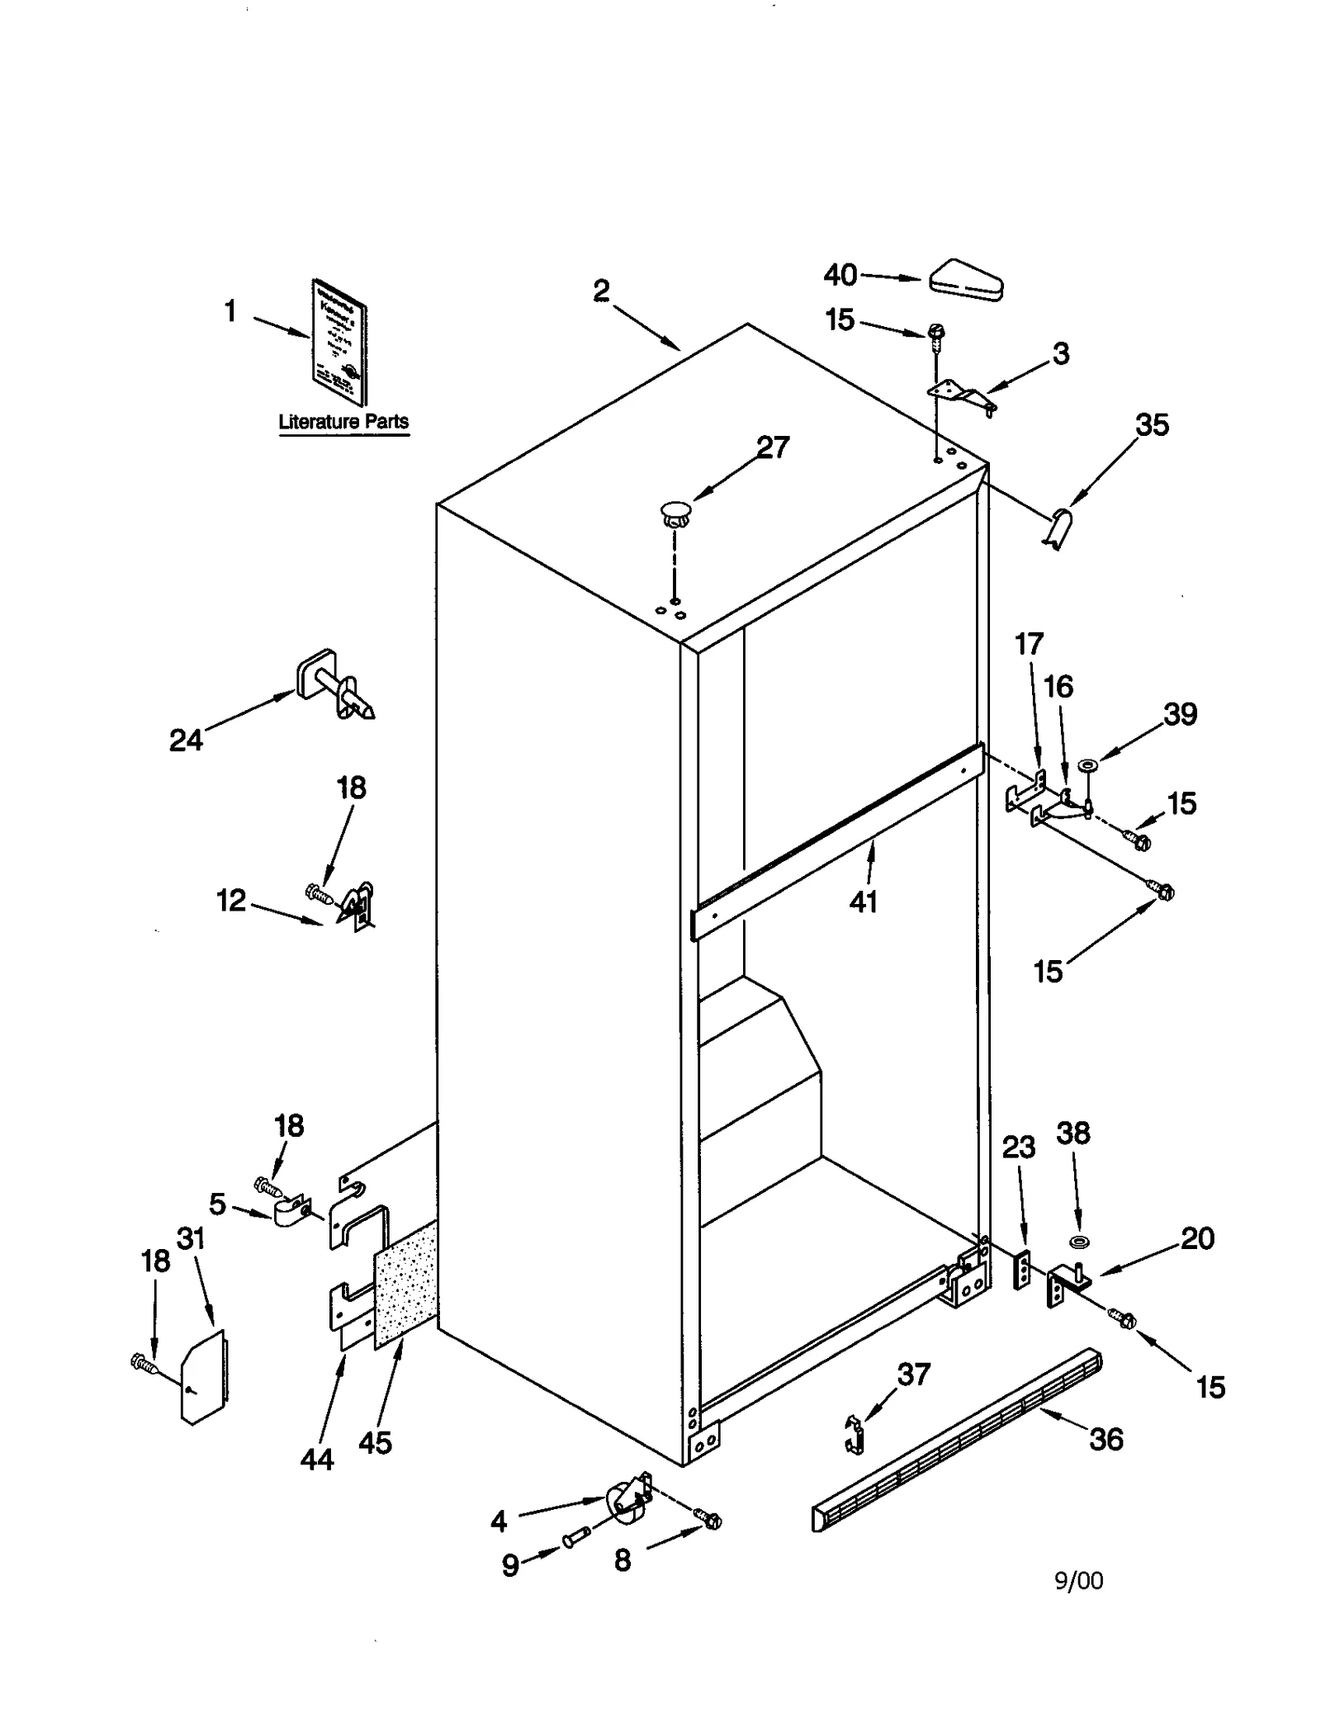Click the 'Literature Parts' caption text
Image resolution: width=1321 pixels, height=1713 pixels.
(x=343, y=421)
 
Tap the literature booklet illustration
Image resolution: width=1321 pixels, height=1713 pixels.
(x=339, y=341)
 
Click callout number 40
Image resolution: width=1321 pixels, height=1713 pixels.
(x=840, y=274)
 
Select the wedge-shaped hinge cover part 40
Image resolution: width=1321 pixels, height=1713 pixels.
(x=965, y=282)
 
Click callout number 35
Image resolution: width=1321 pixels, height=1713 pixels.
(x=1152, y=424)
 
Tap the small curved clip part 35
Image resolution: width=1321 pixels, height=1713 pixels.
(x=1058, y=528)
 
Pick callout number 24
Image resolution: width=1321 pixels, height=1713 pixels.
(x=186, y=740)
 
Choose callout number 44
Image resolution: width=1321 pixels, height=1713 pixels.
(x=317, y=1460)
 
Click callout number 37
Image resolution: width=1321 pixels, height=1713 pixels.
(x=914, y=1374)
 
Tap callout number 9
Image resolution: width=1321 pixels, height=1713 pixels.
(x=511, y=1565)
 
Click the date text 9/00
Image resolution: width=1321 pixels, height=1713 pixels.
(x=1078, y=1580)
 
